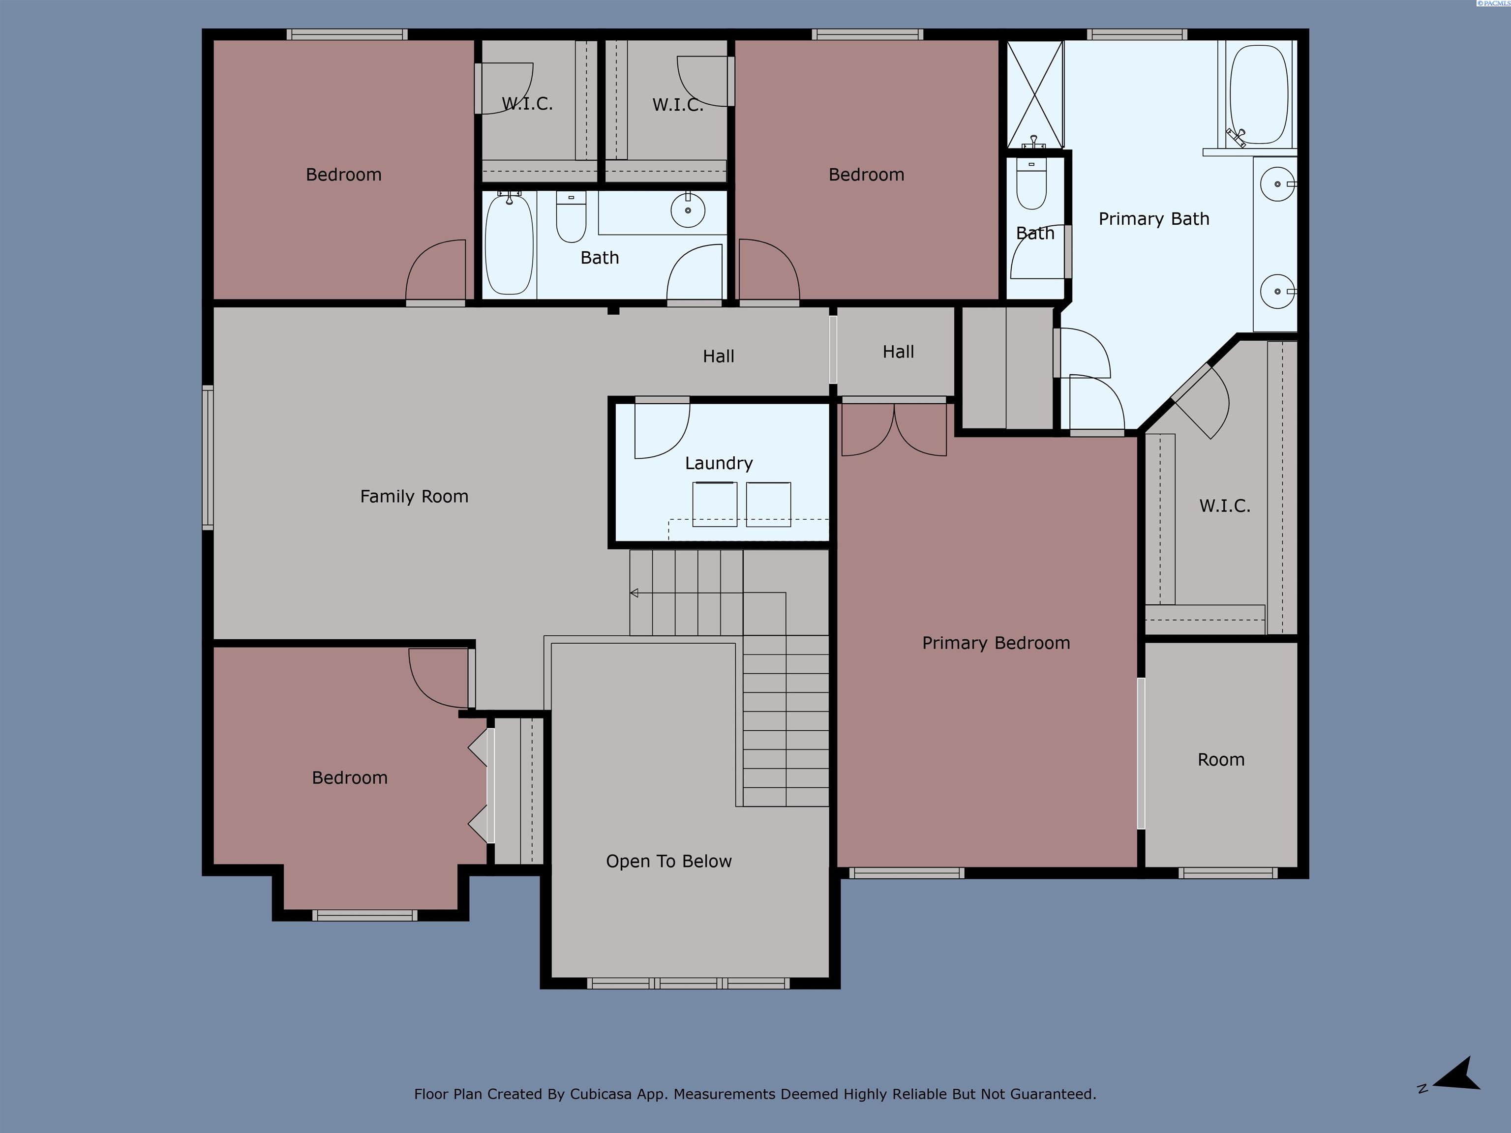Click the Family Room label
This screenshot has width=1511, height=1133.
pos(414,497)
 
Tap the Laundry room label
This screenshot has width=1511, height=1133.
pos(719,463)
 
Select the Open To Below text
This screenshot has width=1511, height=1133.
pos(669,861)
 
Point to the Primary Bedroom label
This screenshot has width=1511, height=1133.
pos(995,643)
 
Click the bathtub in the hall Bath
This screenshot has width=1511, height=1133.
pos(509,244)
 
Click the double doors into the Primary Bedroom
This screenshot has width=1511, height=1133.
pos(894,430)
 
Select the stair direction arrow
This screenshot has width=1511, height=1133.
pos(635,593)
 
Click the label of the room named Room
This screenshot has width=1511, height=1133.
pos(1221,759)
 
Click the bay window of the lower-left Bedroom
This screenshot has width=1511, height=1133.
pos(365,915)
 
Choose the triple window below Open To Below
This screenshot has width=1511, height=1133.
pos(688,984)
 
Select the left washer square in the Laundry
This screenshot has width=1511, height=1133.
pos(715,504)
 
